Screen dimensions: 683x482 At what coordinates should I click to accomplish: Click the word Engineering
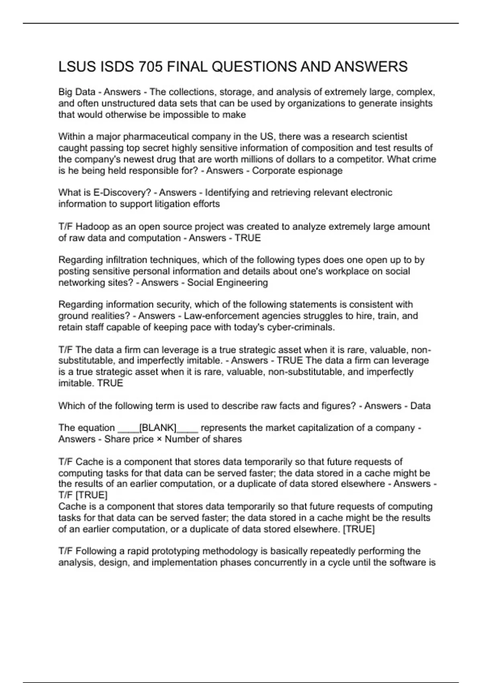(242, 282)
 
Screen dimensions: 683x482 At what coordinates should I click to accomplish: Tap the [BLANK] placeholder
(157, 428)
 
